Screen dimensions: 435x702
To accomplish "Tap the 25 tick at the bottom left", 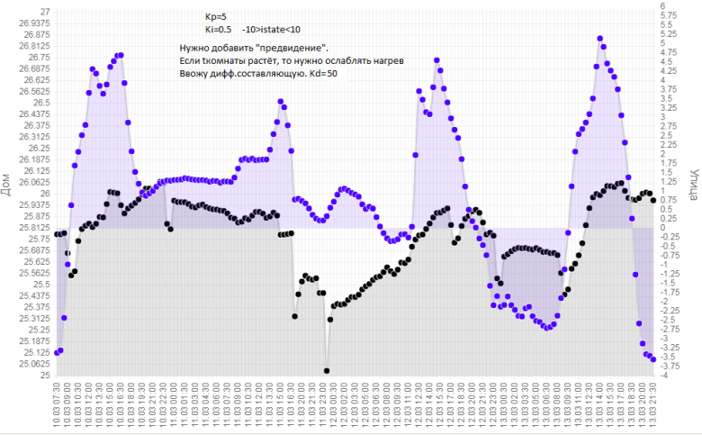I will pyautogui.click(x=44, y=375).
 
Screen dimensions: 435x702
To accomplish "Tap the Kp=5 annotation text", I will pyautogui.click(x=216, y=16).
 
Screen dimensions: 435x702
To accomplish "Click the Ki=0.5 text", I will pyautogui.click(x=219, y=30).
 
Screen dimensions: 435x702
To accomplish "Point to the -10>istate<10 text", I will pyautogui.click(x=271, y=30).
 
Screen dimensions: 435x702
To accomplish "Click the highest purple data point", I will pyautogui.click(x=600, y=39).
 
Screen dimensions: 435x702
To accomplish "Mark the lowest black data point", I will pyautogui.click(x=327, y=370).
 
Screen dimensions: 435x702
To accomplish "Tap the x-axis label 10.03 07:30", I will pyautogui.click(x=57, y=405).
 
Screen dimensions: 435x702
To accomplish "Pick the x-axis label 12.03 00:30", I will pyautogui.click(x=332, y=405).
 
